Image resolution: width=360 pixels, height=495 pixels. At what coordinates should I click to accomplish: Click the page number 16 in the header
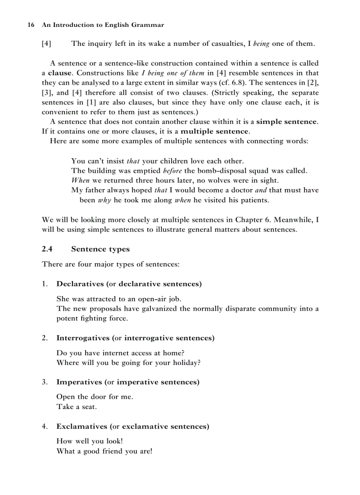pyautogui.click(x=31, y=25)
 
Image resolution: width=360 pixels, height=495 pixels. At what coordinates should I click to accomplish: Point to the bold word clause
pyautogui.click(x=60, y=73)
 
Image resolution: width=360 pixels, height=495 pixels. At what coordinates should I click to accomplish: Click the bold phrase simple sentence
pyautogui.click(x=286, y=122)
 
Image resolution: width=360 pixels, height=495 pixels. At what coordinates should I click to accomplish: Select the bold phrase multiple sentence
pyautogui.click(x=215, y=131)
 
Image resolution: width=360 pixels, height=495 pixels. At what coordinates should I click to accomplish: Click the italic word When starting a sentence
pyautogui.click(x=80, y=180)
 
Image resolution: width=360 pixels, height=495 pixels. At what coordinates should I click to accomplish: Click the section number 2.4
pyautogui.click(x=47, y=249)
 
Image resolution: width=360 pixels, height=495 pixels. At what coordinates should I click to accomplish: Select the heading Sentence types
pyautogui.click(x=100, y=249)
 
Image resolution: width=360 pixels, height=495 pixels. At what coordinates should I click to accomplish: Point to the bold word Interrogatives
pyautogui.click(x=83, y=338)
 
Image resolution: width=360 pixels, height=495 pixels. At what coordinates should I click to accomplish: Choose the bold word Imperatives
pyautogui.click(x=79, y=382)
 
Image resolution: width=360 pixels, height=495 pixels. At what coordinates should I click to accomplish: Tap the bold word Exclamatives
pyautogui.click(x=82, y=427)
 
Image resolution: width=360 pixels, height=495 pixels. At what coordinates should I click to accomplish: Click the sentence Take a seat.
pyautogui.click(x=76, y=407)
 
